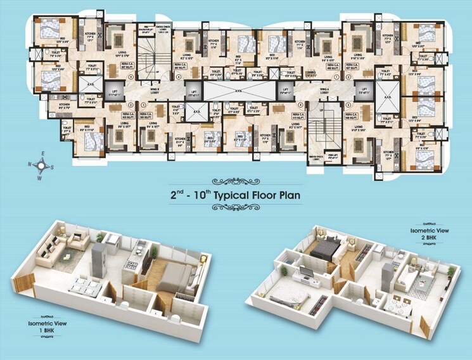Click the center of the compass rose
click(41, 167)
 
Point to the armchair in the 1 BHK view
click(79, 241)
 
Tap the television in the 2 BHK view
click(306, 273)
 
